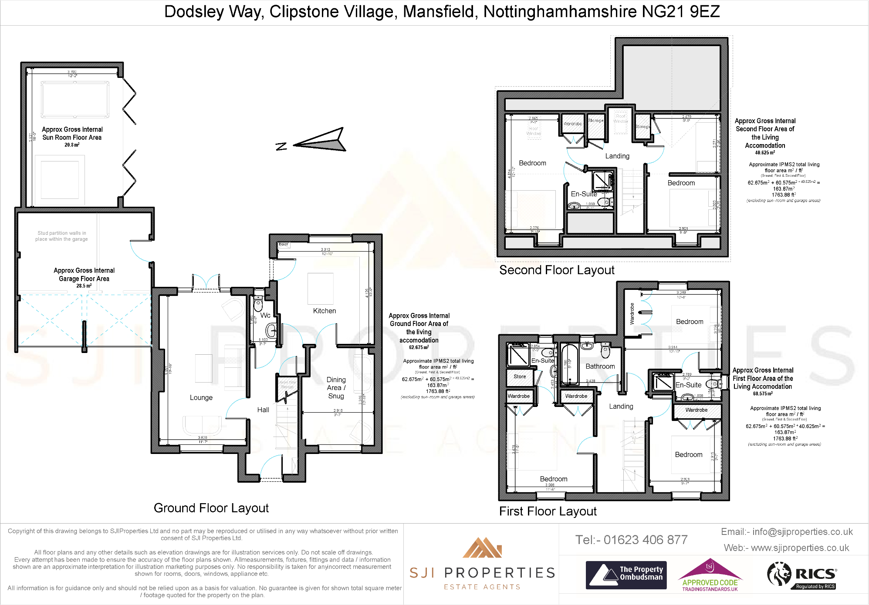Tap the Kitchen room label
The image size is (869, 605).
pos(325,311)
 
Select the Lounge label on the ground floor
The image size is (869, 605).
pos(201,397)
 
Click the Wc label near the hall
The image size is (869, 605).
pos(265,315)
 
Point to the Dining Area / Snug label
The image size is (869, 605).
pos(336,388)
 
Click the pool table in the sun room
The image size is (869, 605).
pos(75,100)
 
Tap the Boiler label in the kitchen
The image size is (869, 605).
pos(284,245)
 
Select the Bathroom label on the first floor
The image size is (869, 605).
pos(600,366)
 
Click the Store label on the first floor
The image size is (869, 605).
pos(520,376)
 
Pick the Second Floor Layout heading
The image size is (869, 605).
pos(557,270)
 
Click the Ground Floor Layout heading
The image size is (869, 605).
pos(211,508)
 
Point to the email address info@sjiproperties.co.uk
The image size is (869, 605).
pos(802,531)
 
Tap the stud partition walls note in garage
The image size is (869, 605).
pos(61,236)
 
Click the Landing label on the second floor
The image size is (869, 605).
pos(617,156)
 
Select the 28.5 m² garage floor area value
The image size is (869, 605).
pos(84,286)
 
